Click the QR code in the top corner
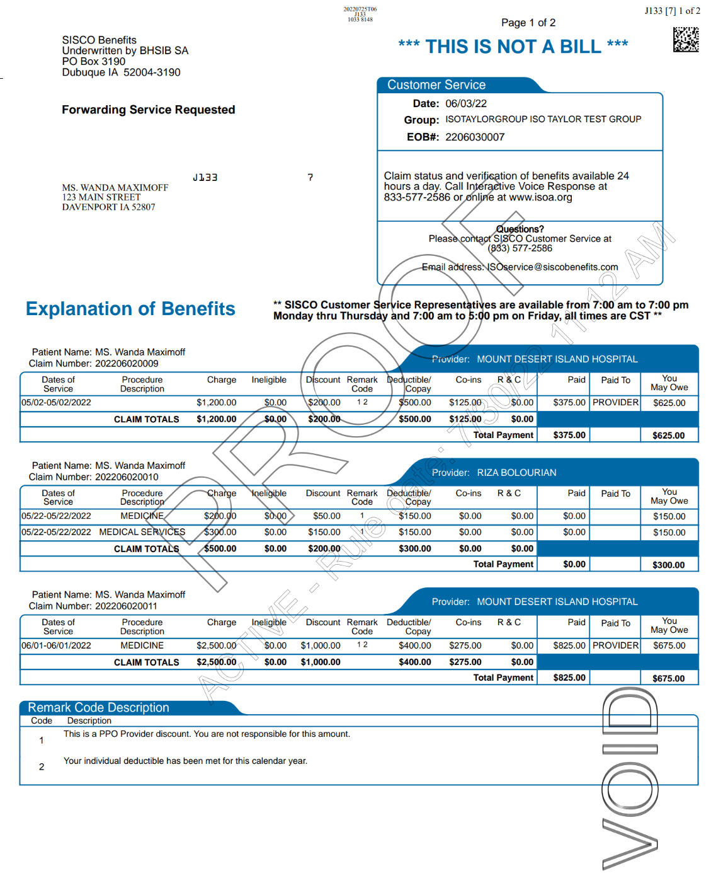click(x=685, y=40)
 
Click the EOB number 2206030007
click(x=474, y=137)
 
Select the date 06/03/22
click(x=465, y=103)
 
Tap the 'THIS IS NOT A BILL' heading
click(x=513, y=47)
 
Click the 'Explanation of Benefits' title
click(x=130, y=308)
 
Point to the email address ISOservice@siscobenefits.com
click(x=552, y=267)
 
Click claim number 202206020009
click(x=127, y=364)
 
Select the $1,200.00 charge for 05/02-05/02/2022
click(x=216, y=403)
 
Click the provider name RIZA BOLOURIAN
click(x=516, y=473)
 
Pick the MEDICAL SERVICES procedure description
click(x=142, y=532)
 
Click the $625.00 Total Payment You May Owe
click(x=668, y=435)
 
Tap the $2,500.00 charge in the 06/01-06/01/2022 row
click(x=216, y=645)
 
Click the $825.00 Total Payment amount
click(x=569, y=678)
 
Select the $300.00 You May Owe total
click(x=668, y=565)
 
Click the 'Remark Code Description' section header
click(x=98, y=707)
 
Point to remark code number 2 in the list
click(x=42, y=766)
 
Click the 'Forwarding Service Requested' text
click(x=148, y=110)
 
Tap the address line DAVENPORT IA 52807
click(x=108, y=207)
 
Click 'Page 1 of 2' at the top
click(x=528, y=23)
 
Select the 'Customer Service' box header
click(x=436, y=85)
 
